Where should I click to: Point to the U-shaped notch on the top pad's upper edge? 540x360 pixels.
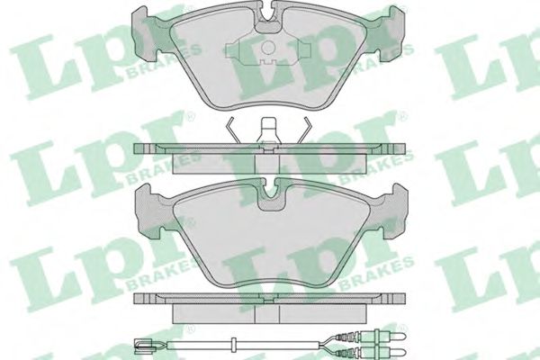[x=268, y=19]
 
